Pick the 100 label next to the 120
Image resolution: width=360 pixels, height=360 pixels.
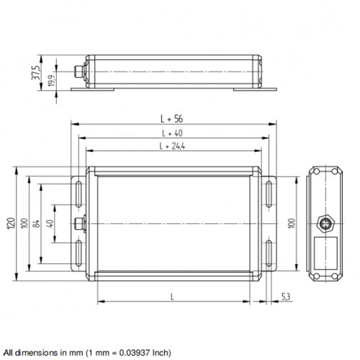(24, 223)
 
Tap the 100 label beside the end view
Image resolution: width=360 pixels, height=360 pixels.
(292, 223)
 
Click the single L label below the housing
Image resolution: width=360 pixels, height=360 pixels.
(172, 296)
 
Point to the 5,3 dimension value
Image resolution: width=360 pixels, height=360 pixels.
(285, 296)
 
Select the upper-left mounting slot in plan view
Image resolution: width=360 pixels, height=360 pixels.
(77, 194)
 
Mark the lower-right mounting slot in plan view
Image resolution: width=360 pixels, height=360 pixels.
(268, 253)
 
